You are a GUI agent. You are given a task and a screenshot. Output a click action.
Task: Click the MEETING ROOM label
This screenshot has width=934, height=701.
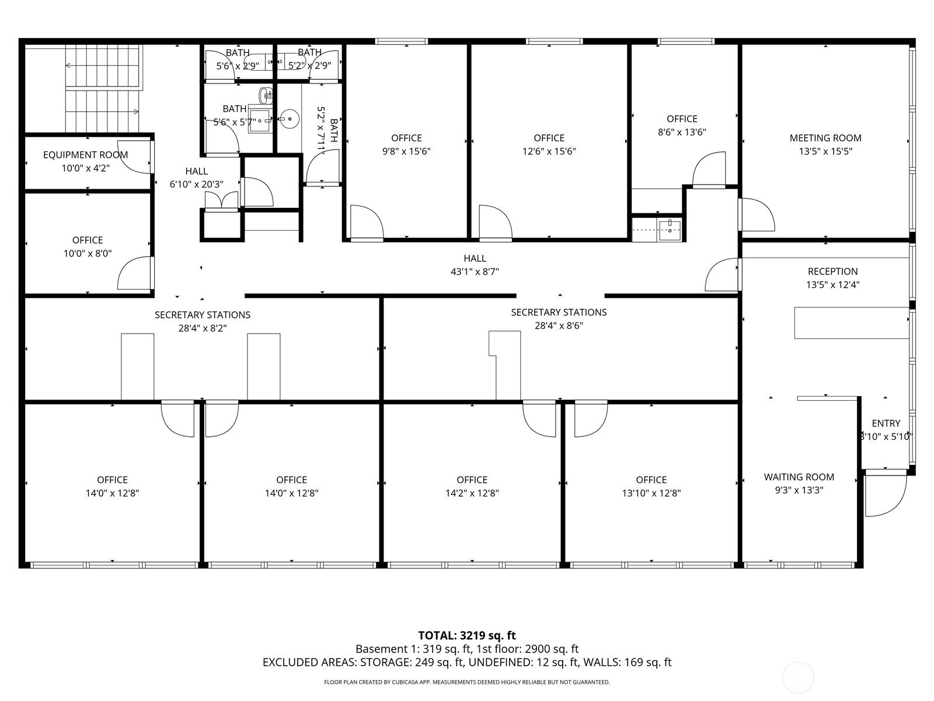pos(825,138)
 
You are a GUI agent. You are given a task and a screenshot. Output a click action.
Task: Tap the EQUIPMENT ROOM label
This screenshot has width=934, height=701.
pos(86,155)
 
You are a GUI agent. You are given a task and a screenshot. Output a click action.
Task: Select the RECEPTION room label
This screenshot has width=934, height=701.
pos(833,272)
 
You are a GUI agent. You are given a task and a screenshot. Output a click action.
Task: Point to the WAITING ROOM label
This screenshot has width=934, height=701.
pos(799,477)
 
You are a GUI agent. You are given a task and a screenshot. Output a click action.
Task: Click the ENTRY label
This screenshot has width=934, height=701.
pos(886,424)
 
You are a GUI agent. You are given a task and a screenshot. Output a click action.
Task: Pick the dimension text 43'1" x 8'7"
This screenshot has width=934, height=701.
pos(475,272)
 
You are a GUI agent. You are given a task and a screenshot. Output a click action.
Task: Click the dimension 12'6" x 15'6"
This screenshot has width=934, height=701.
pos(549,151)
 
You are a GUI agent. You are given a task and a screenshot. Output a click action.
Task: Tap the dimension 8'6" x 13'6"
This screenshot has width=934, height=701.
pos(682,132)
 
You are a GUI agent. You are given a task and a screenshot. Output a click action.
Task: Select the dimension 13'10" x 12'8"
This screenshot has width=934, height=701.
pos(651,493)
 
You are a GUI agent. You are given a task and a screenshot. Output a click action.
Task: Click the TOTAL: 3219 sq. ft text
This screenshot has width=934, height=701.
pos(467,636)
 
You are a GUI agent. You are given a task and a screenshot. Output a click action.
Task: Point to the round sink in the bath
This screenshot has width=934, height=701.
pos(290,119)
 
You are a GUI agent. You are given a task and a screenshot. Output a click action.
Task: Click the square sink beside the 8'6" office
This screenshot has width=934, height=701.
pos(670,230)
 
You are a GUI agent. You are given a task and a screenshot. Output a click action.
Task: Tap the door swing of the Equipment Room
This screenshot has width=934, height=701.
pos(135,157)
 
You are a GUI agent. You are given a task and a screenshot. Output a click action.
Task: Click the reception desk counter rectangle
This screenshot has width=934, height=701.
pos(852,323)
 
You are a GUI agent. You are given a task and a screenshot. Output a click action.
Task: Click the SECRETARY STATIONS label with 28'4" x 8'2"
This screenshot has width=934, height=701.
pos(202,315)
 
